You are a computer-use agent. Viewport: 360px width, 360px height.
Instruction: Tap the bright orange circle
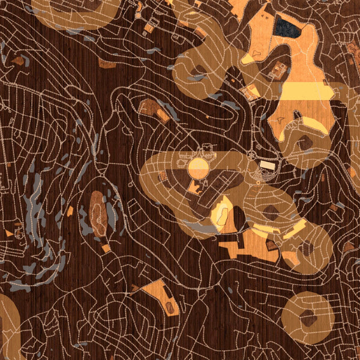198,167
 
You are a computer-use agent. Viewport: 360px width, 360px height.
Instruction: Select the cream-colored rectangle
267,164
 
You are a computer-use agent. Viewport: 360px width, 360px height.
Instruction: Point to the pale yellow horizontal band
306,91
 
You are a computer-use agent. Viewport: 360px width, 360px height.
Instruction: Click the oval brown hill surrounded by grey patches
98,213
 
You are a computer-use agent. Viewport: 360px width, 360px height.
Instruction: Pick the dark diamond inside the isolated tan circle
308,318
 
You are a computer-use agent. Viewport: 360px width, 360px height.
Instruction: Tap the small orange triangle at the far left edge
8,232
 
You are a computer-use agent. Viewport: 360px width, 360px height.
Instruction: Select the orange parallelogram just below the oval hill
106,248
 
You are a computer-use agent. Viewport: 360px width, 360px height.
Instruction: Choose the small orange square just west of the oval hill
70,211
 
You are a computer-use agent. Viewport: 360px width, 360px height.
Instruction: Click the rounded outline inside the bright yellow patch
220,211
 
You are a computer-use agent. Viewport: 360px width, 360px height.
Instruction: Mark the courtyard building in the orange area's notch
277,71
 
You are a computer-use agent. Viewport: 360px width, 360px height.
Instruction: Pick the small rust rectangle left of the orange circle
163,175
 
